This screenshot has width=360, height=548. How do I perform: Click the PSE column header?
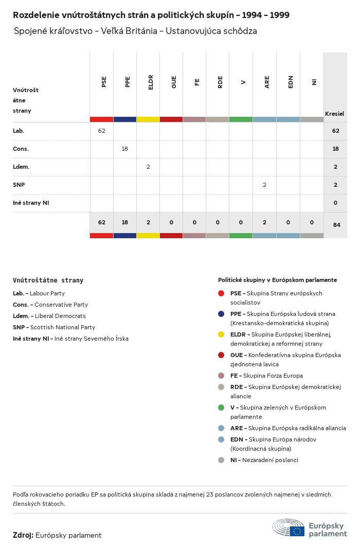click(x=104, y=82)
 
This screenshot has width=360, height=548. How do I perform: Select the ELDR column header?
click(x=151, y=83)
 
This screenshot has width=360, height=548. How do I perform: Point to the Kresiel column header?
click(x=334, y=113)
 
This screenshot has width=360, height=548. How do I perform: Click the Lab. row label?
click(x=19, y=131)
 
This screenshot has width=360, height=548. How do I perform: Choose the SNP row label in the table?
click(x=19, y=185)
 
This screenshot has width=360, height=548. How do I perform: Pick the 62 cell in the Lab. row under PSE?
click(x=101, y=131)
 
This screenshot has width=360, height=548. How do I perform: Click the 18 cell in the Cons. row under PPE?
click(x=124, y=149)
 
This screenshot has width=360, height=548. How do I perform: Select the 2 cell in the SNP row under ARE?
click(x=264, y=185)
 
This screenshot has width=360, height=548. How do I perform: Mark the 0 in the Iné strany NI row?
click(x=335, y=203)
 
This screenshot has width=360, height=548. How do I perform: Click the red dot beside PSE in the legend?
click(x=221, y=293)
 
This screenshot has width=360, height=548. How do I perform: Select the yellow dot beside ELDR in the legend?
click(x=221, y=334)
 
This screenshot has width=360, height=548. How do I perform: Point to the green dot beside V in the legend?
click(x=221, y=408)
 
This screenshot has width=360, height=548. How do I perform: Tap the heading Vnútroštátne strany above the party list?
click(x=48, y=280)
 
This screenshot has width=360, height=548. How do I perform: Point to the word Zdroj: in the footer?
click(x=23, y=535)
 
